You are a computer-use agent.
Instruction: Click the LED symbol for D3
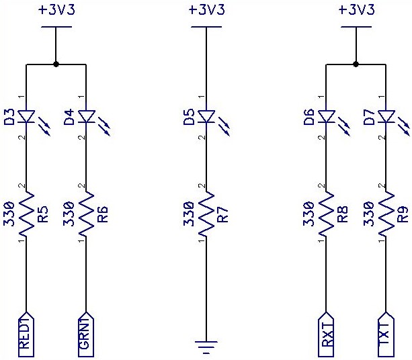click(26, 118)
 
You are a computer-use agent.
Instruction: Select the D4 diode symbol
click(87, 118)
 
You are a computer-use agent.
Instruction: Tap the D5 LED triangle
click(206, 118)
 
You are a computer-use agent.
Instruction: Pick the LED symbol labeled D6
click(326, 118)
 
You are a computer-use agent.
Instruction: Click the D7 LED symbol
click(386, 118)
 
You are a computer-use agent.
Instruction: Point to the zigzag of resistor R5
click(26, 214)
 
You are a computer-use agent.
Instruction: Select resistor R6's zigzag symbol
click(87, 214)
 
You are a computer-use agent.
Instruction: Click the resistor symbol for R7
click(206, 214)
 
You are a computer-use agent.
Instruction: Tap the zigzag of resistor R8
click(326, 214)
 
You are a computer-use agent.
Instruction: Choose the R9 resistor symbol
click(386, 214)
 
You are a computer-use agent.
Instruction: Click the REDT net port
click(26, 334)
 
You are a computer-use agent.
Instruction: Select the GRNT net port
click(87, 334)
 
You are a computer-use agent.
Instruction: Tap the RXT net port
click(326, 334)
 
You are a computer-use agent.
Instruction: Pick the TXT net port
click(386, 334)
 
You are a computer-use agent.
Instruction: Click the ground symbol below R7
click(206, 347)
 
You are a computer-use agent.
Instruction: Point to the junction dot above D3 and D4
click(56, 65)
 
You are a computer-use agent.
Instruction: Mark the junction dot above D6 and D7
click(356, 65)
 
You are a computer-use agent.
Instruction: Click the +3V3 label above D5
click(206, 10)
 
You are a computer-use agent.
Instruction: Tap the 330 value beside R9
click(369, 214)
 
